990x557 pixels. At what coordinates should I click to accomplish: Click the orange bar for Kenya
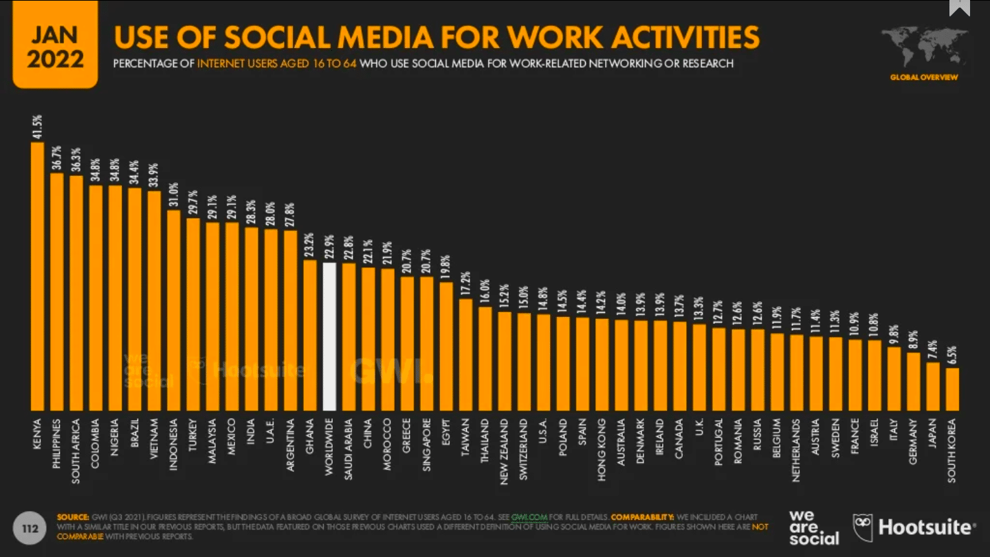click(37, 275)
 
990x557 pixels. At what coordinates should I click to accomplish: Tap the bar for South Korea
click(952, 389)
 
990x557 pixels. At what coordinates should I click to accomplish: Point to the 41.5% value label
click(37, 128)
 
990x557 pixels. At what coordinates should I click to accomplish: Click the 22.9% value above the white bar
click(329, 248)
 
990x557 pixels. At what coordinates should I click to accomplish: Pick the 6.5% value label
click(952, 353)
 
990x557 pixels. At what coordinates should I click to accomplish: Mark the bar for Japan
click(933, 386)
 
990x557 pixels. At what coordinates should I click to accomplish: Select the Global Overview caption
click(924, 78)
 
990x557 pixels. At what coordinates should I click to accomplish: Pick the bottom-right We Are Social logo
click(814, 527)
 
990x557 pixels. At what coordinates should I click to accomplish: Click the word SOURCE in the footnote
click(73, 516)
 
